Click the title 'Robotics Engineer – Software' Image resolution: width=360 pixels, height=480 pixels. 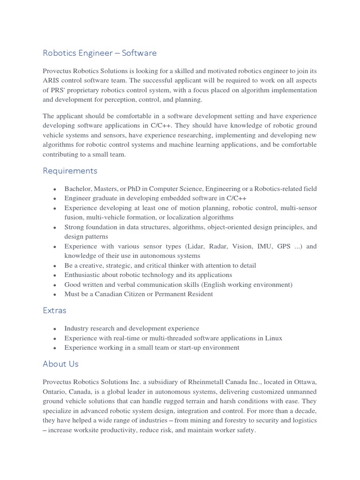[99, 53]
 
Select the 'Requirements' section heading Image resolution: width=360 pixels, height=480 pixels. [70, 171]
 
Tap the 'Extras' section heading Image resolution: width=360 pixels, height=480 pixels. [54, 310]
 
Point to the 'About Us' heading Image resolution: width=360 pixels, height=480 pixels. [60, 364]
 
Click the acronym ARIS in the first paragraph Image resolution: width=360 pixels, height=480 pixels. [52, 81]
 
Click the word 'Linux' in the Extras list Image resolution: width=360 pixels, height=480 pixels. [273, 338]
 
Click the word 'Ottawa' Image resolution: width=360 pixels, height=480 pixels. [305, 382]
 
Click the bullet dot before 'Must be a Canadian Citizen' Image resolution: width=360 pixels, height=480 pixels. [55, 295]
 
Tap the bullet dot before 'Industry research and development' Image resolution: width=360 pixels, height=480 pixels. [55, 329]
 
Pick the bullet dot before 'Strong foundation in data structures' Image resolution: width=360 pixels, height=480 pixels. [55, 228]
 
